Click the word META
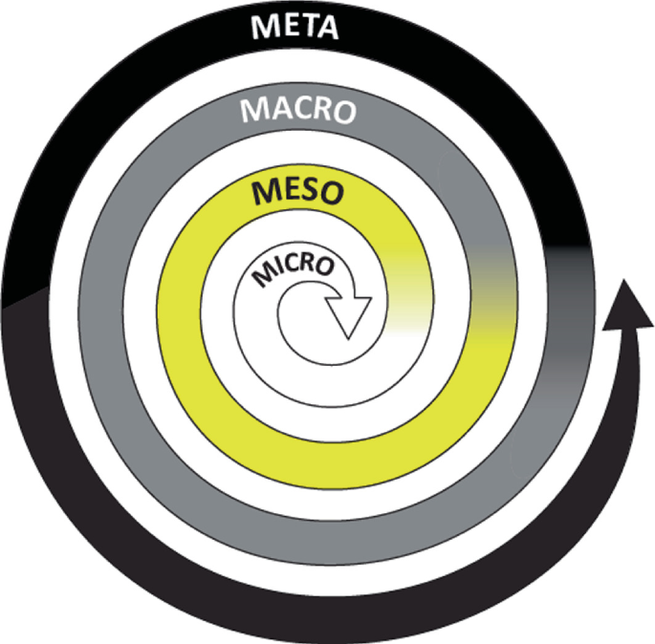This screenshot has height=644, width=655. [x=294, y=26]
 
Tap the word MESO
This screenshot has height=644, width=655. [x=297, y=193]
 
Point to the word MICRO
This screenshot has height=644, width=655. [x=294, y=268]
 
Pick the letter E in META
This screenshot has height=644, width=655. [x=284, y=26]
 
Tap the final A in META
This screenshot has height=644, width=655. [x=325, y=27]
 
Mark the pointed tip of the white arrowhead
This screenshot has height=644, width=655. [x=348, y=336]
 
